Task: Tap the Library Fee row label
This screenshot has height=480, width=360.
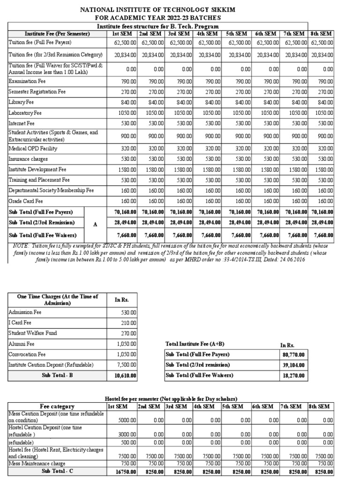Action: (21, 102)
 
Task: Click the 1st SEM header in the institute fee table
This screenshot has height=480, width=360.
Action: (122, 34)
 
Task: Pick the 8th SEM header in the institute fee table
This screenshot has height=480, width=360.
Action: (321, 34)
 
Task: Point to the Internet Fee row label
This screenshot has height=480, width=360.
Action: (22, 123)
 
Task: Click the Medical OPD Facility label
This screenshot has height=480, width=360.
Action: (33, 149)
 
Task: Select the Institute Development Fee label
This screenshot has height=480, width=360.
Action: (37, 169)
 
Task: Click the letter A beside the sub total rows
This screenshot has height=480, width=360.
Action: (96, 224)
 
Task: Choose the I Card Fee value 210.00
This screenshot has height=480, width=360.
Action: (128, 322)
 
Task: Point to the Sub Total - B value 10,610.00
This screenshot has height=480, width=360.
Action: (125, 375)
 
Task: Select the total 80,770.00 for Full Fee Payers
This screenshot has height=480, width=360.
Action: (293, 355)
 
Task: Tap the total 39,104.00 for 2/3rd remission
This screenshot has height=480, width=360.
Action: (293, 365)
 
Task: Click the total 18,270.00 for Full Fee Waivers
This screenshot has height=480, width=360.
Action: (293, 375)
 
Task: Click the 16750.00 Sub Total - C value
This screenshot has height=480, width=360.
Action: (126, 472)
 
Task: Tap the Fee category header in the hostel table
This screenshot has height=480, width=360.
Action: (57, 406)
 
